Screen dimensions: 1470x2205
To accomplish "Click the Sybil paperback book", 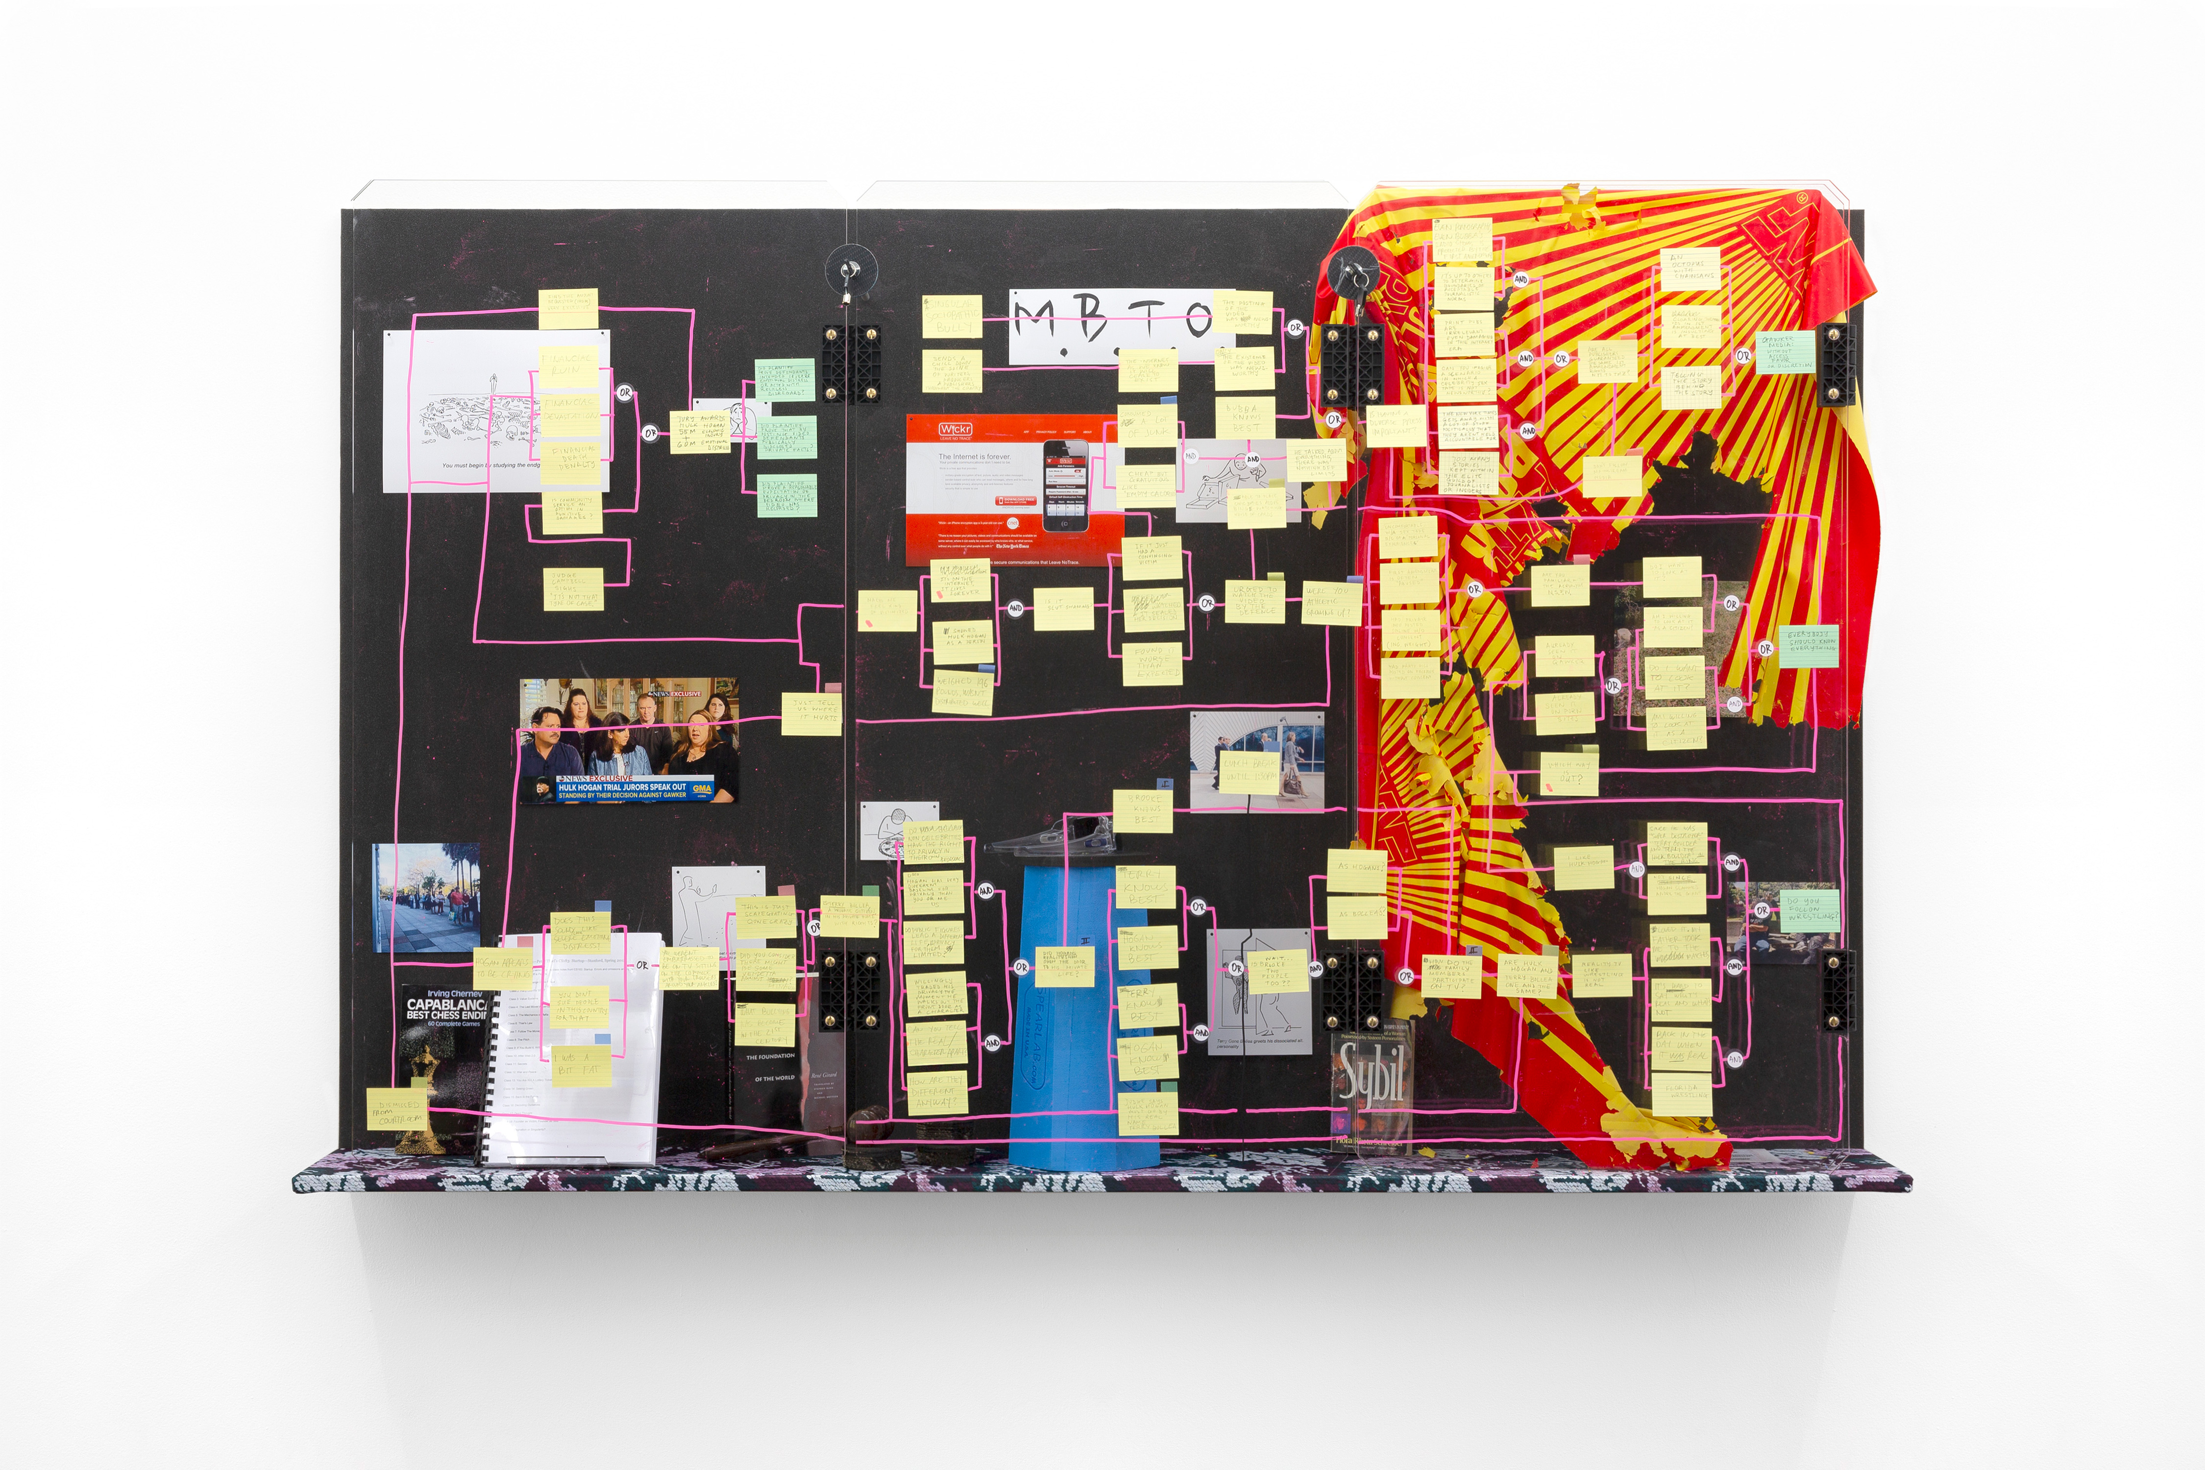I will coord(1371,1087).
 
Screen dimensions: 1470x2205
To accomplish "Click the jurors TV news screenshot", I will coord(628,740).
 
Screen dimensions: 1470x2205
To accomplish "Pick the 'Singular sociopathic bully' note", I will coord(952,317).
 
